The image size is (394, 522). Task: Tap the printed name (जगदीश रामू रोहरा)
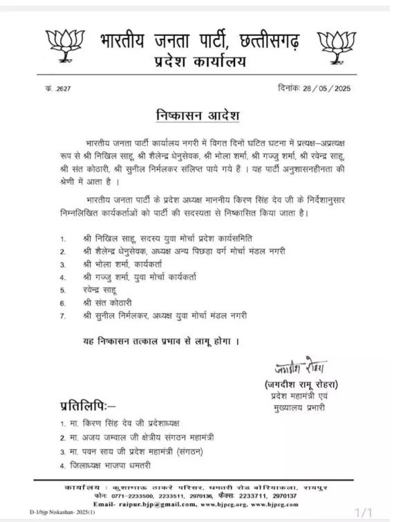coord(304,384)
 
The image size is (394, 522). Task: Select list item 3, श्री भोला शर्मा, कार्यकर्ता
coord(121,263)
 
